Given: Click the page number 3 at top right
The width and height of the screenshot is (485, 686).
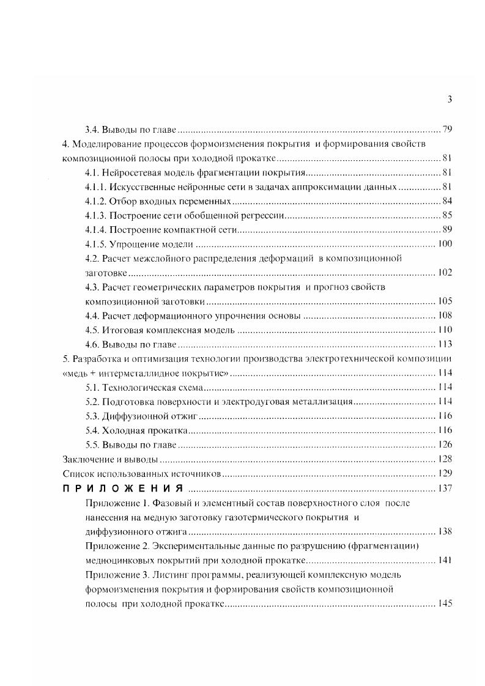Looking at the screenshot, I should pos(450,100).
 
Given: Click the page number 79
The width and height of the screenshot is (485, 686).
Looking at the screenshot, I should pos(446,130).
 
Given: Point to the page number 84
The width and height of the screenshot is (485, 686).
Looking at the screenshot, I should pos(446,201).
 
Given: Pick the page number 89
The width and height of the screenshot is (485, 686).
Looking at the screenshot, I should pos(446,230).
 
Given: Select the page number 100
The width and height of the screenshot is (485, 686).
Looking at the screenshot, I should pos(444,244).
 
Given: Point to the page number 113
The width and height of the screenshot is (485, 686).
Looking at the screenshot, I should pos(444,344).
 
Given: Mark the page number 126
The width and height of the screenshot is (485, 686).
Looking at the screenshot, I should pos(444,444).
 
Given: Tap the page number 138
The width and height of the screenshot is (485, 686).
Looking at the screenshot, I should pos(444,531).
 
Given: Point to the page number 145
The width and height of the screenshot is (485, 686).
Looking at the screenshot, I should pos(444,603).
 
